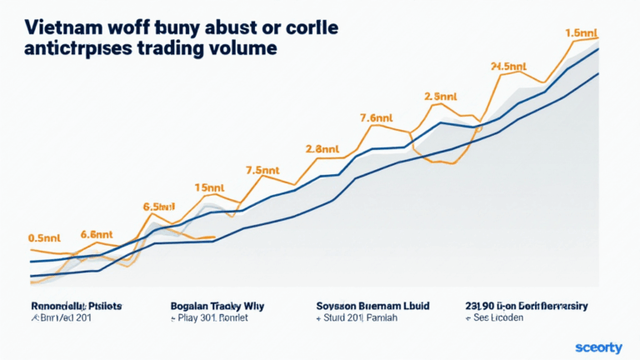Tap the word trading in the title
[170, 48]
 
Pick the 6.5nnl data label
[157, 206]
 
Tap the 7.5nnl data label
[264, 170]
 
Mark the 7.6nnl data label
[377, 117]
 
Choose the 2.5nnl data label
[441, 96]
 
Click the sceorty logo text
[599, 346]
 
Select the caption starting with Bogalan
[216, 306]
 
